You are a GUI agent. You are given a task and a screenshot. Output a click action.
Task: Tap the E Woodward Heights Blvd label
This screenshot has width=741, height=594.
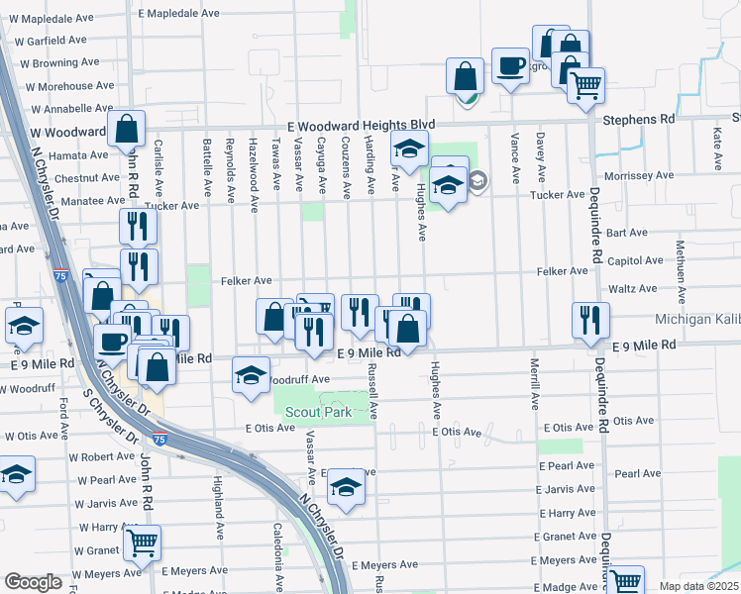click(362, 126)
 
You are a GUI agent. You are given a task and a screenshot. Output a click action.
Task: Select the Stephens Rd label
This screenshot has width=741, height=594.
click(639, 119)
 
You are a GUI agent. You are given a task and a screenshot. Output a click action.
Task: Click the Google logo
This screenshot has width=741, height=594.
click(33, 582)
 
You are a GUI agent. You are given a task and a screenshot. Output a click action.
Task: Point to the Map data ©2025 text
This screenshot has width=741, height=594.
click(699, 586)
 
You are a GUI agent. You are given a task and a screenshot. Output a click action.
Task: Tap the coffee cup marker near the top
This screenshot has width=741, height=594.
click(510, 66)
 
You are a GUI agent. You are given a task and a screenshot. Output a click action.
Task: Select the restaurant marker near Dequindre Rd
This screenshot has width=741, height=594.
click(590, 320)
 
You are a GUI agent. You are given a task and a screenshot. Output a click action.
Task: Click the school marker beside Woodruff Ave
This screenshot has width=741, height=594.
click(251, 376)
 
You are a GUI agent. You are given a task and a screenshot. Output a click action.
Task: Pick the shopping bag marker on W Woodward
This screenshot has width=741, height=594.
click(127, 129)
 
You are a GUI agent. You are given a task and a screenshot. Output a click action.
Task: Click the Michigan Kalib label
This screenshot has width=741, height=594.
click(696, 320)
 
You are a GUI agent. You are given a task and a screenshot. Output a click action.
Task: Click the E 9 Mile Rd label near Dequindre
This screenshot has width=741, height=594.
click(643, 345)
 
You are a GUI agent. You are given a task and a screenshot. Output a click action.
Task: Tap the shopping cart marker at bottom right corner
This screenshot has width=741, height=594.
click(626, 582)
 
